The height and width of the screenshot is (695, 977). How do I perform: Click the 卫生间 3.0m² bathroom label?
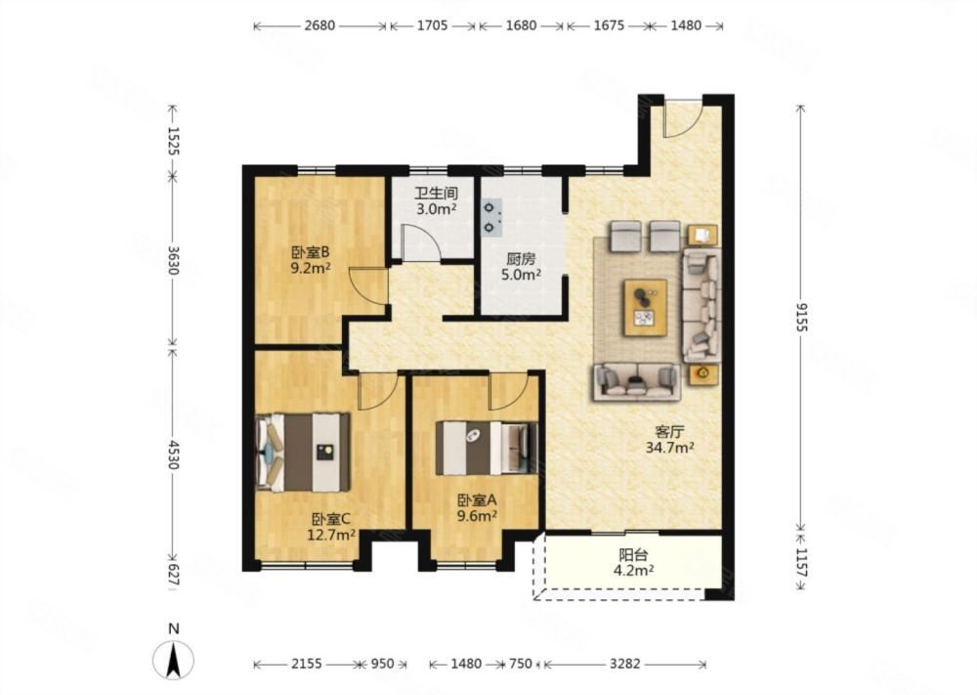(x=436, y=200)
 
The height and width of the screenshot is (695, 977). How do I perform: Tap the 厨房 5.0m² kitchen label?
(x=521, y=266)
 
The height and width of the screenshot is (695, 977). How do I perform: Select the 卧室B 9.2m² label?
(x=311, y=261)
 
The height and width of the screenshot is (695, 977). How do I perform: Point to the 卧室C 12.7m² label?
(x=331, y=527)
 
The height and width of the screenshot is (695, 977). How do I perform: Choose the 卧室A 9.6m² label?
(x=477, y=507)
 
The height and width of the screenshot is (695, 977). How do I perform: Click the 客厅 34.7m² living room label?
(x=670, y=439)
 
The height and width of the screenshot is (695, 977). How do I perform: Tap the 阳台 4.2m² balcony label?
(x=632, y=562)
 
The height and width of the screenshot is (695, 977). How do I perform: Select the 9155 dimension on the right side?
(x=801, y=317)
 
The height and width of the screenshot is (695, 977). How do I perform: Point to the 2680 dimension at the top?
(x=319, y=25)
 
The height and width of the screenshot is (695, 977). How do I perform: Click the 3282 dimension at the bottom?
(x=624, y=664)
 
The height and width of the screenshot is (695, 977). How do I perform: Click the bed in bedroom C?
(x=303, y=452)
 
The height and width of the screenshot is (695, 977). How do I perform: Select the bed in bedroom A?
(x=486, y=448)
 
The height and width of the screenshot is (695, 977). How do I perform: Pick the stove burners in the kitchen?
(x=492, y=217)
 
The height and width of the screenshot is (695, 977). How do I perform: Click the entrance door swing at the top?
(x=683, y=119)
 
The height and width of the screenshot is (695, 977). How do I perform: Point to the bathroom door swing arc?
(x=422, y=241)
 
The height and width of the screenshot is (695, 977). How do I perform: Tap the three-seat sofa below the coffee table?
(x=637, y=381)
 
